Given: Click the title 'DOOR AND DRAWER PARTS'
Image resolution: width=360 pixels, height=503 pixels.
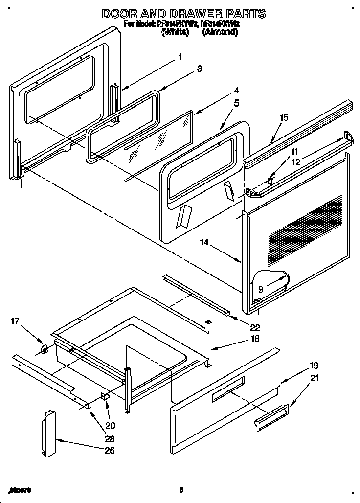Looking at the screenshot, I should (x=183, y=13).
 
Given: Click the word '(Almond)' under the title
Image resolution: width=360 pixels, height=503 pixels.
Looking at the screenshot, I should (x=220, y=32).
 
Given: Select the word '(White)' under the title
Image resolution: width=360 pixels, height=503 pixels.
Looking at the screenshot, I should (x=175, y=32).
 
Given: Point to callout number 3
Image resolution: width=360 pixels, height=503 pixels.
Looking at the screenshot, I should (x=199, y=69).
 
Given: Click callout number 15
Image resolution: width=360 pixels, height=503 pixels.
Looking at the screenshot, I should (x=284, y=117).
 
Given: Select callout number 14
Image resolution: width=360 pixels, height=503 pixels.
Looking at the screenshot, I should (x=204, y=242).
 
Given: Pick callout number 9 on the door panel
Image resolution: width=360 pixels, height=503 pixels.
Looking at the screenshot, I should (x=261, y=289).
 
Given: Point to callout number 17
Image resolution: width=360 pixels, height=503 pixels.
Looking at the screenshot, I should (x=15, y=321).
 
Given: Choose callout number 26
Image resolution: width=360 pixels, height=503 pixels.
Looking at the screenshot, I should (x=110, y=451).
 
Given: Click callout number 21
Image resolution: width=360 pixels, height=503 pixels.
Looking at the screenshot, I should (x=314, y=377).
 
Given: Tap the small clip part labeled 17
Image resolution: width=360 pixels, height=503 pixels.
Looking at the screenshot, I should (x=44, y=349).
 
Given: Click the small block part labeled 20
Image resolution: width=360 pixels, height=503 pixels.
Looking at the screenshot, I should (x=105, y=396).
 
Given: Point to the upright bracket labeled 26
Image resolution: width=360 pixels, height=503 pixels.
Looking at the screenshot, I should (x=49, y=434).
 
